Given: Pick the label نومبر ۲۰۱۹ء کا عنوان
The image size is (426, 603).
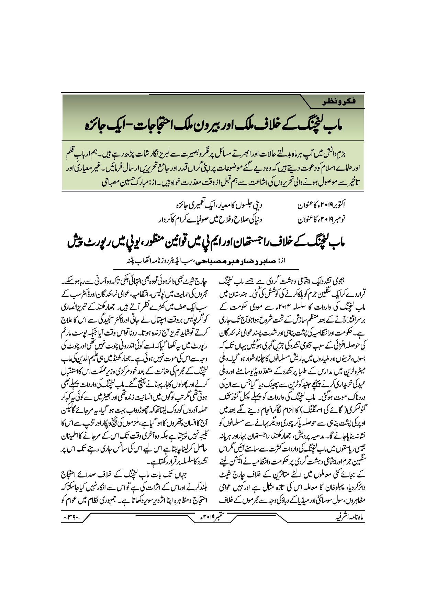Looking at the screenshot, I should [321, 219].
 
